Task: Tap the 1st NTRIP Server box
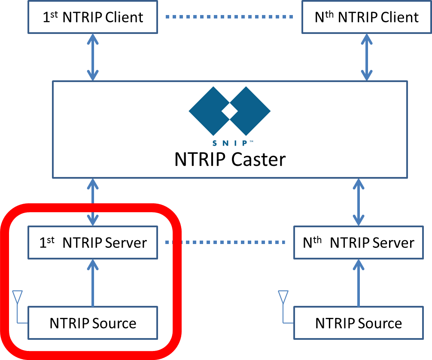click(93, 243)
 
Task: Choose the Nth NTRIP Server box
click(358, 243)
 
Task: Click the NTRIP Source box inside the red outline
click(93, 323)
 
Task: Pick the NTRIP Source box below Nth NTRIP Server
click(358, 323)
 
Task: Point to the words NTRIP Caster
click(230, 160)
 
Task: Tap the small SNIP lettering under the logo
click(230, 143)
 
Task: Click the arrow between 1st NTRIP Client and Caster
click(93, 57)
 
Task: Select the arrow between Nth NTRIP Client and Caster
click(366, 57)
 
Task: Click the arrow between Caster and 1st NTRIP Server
click(93, 202)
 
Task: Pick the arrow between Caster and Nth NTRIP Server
click(358, 202)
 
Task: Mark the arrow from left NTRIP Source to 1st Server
click(93, 282)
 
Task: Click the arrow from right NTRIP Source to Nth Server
click(358, 282)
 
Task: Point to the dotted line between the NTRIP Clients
click(230, 17)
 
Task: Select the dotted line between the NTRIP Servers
click(225, 242)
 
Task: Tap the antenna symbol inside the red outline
click(17, 297)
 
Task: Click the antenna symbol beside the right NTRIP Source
click(283, 297)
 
